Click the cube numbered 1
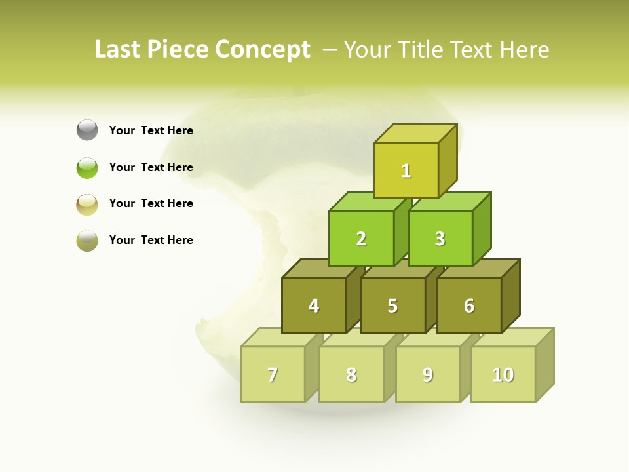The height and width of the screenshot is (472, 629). tap(406, 170)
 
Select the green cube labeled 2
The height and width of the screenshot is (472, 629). tap(361, 239)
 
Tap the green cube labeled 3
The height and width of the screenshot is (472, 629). tap(440, 239)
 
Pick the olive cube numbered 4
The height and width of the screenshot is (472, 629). tap(314, 305)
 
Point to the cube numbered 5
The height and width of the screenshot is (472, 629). tap(392, 305)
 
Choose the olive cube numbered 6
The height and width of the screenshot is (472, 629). tap(469, 305)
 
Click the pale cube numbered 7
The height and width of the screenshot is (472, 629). tap(273, 374)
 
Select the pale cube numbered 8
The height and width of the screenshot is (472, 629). tap(351, 374)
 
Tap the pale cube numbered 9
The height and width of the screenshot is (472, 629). tap(428, 374)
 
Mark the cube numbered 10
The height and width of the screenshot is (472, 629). tap(503, 374)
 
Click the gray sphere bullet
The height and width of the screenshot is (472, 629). tap(87, 130)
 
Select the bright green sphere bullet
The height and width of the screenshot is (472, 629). tap(87, 167)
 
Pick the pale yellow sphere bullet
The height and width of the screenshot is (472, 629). tap(87, 204)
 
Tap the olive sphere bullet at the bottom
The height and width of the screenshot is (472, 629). tap(87, 241)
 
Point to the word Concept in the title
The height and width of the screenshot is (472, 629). tap(263, 49)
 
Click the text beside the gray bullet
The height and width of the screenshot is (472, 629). tap(151, 130)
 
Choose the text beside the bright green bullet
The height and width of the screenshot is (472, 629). tap(151, 167)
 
